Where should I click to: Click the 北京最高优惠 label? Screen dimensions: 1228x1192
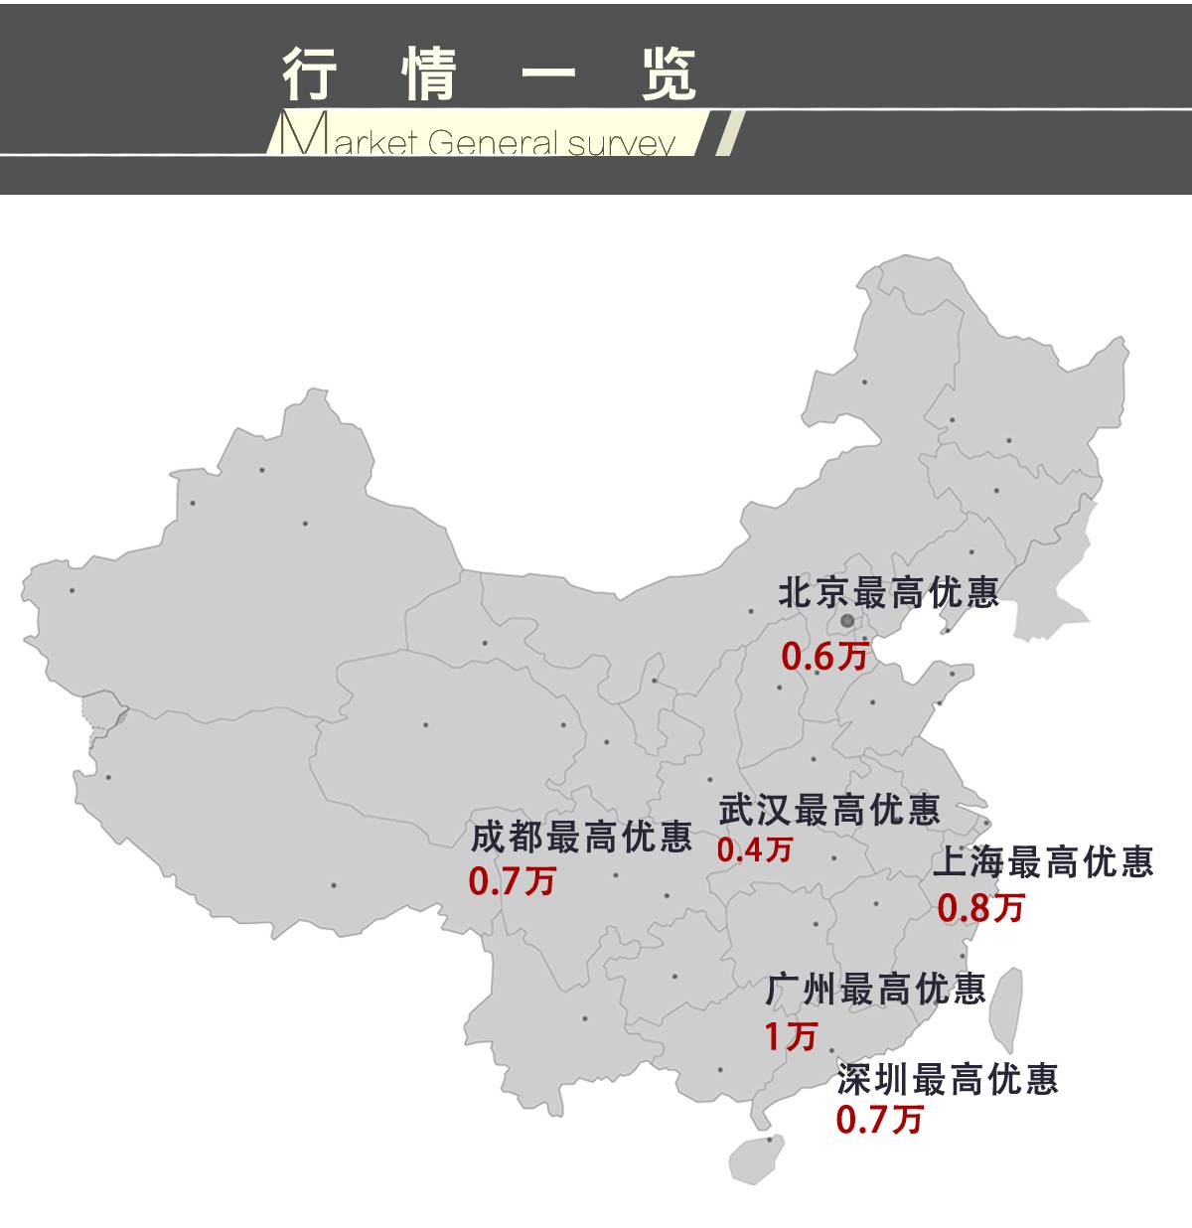tap(888, 593)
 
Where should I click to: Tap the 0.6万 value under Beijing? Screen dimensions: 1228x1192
tap(824, 656)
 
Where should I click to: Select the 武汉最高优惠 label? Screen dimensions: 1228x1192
tap(828, 810)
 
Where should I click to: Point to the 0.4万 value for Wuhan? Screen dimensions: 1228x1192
tap(755, 849)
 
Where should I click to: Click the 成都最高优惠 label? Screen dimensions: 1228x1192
tap(581, 838)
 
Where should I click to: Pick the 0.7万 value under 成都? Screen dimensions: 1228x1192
tap(512, 881)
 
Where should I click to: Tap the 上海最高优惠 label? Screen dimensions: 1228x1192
tap(1043, 861)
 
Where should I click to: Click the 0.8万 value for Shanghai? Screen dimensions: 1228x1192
tap(980, 907)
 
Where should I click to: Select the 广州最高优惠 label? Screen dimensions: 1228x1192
tap(875, 989)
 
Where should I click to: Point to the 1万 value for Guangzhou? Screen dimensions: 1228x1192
tap(790, 1036)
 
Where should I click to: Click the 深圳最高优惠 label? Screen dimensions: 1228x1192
tap(948, 1078)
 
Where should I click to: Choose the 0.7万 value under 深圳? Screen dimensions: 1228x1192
tap(879, 1120)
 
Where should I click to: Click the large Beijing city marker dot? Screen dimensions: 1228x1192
tap(847, 620)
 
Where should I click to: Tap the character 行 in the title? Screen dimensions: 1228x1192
tap(310, 73)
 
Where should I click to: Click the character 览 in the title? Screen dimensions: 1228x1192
tap(669, 73)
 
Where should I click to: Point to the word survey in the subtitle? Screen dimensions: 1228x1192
tap(623, 143)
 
